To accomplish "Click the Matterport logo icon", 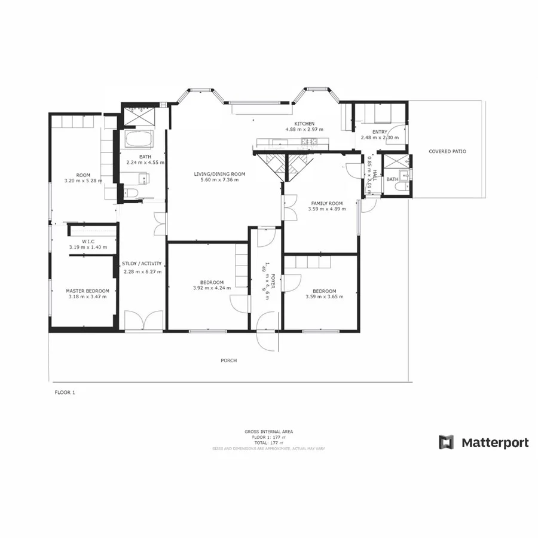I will pyautogui.click(x=447, y=442).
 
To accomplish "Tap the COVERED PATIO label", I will pyautogui.click(x=447, y=151).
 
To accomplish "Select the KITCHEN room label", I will pyautogui.click(x=304, y=124).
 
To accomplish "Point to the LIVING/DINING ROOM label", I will pyautogui.click(x=219, y=174).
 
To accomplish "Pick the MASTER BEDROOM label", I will pyautogui.click(x=87, y=291).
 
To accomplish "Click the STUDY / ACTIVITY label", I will pyautogui.click(x=141, y=264).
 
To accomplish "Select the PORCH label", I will pyautogui.click(x=228, y=360).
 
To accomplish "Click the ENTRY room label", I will pyautogui.click(x=380, y=132).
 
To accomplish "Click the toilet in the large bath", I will pyautogui.click(x=132, y=192).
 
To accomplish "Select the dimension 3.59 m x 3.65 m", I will pyautogui.click(x=324, y=296).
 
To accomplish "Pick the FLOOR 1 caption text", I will pyautogui.click(x=65, y=393).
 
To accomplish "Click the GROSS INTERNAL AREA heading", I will pyautogui.click(x=268, y=431).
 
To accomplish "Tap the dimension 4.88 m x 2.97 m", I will pyautogui.click(x=304, y=129).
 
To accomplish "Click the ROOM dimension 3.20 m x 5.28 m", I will pyautogui.click(x=83, y=180).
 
